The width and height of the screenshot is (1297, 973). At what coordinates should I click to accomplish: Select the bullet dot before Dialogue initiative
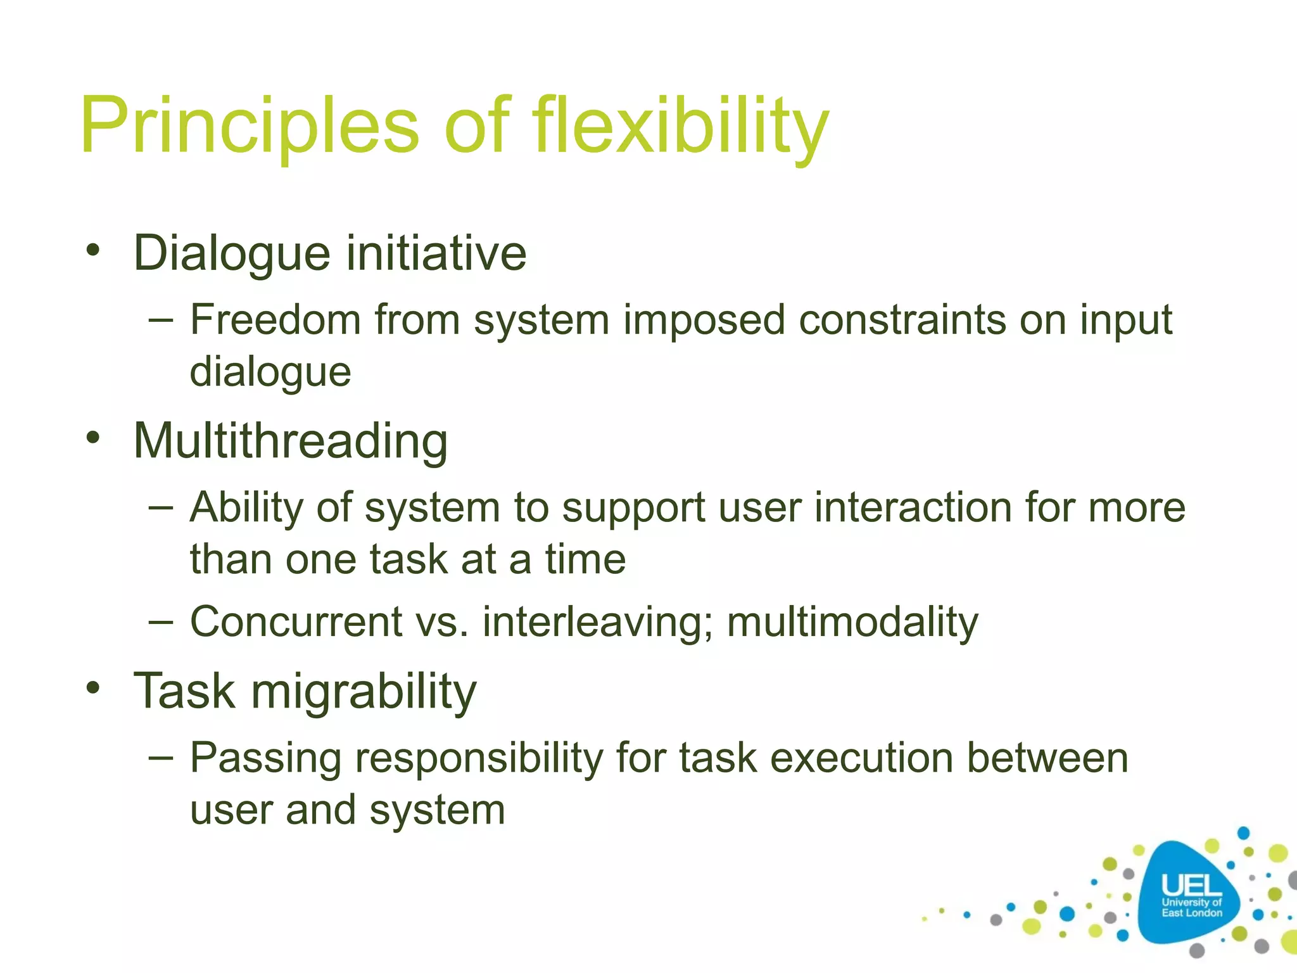tap(94, 250)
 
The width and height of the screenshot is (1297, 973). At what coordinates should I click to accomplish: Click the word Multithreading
tap(291, 441)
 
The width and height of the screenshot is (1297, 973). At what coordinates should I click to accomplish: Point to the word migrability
tap(364, 692)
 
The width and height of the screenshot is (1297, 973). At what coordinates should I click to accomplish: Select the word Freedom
tap(275, 319)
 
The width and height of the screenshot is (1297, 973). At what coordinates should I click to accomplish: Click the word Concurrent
tap(296, 621)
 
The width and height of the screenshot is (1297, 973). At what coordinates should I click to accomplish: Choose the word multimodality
tap(852, 623)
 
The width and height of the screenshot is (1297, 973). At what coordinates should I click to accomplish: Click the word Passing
tap(265, 759)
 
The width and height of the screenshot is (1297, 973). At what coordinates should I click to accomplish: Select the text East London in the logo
tap(1191, 913)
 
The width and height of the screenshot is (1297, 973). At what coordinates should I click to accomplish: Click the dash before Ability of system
tap(161, 508)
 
